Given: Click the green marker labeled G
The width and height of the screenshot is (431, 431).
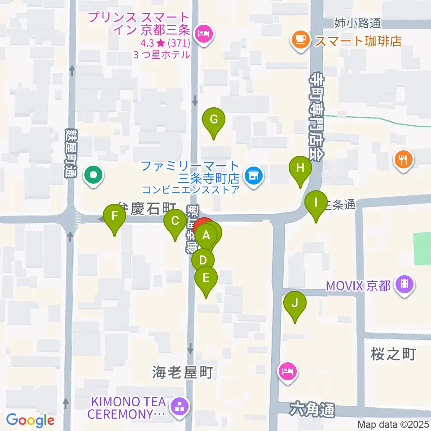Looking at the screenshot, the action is coord(214,120).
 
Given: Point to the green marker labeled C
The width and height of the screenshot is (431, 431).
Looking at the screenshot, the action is coord(175,221).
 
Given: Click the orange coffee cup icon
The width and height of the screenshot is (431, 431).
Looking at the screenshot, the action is coord(300,40).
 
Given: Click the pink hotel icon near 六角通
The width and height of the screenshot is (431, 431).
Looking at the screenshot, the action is coord(287,371).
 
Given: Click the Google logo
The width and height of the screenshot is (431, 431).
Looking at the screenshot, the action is coord(31,420).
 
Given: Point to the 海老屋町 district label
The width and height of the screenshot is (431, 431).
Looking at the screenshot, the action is coord(181,372).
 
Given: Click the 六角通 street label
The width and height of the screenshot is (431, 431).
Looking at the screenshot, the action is coord(312,409).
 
